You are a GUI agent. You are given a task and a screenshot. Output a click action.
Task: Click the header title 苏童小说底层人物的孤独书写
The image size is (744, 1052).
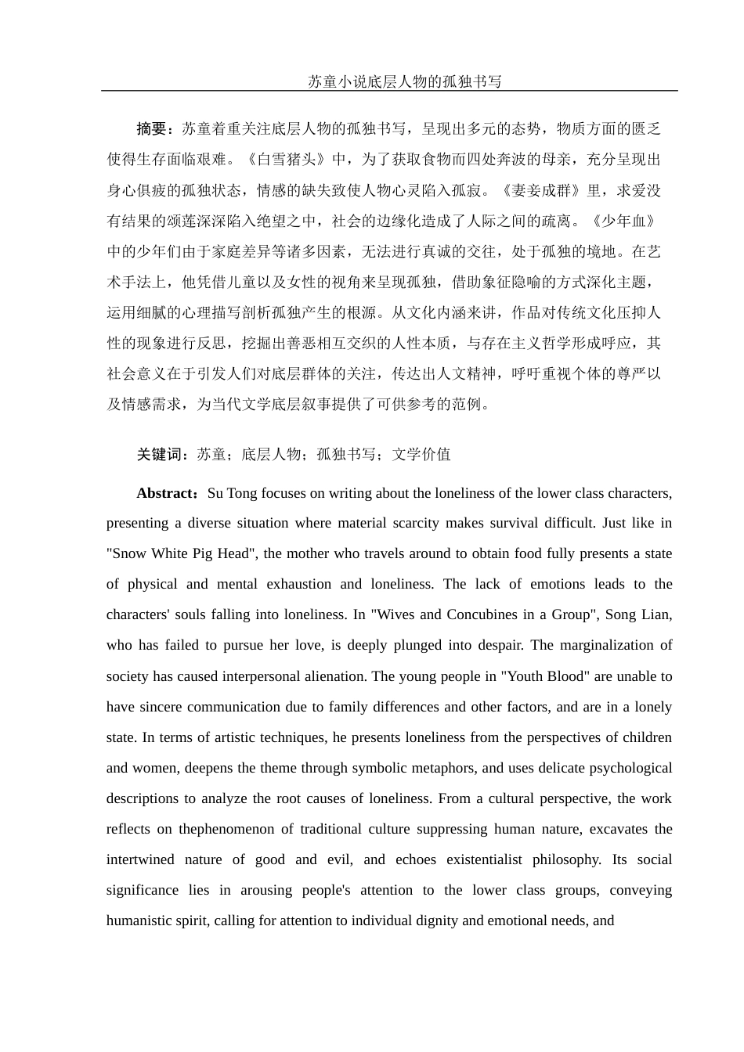coord(404,81)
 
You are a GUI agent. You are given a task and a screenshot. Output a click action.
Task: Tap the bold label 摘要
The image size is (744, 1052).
coord(152,129)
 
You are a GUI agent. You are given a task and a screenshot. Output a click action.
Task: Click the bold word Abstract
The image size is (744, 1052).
coord(166,494)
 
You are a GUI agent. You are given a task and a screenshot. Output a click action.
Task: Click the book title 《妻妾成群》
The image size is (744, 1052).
coord(547,190)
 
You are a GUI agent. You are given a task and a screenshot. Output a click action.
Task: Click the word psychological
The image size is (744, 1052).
coord(623,768)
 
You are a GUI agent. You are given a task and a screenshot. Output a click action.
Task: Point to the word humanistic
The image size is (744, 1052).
coord(140,920)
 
